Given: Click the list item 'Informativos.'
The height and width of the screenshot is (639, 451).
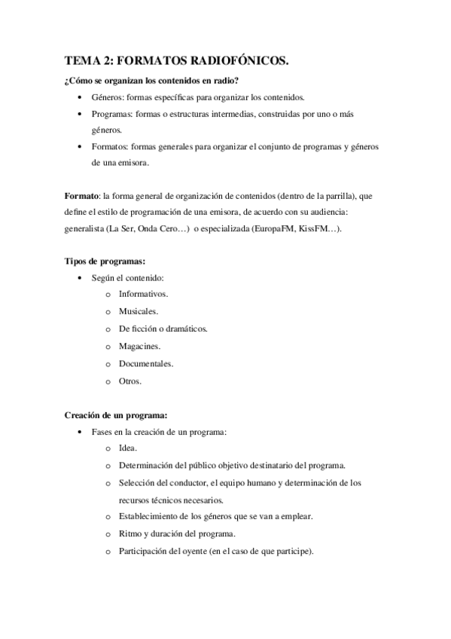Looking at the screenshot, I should [143, 294].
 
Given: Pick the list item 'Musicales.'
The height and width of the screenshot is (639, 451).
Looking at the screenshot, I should [138, 310].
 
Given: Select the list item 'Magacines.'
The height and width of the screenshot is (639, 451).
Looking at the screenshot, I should [139, 347].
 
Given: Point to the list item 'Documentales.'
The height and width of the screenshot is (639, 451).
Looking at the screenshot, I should [145, 364].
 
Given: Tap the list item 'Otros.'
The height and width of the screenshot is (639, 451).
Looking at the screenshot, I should [130, 381].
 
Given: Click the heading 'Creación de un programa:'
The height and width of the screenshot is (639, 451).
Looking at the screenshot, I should [115, 414].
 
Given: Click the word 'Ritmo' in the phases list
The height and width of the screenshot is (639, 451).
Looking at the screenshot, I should [130, 534].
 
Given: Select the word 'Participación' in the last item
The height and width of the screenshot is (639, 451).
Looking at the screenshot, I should [144, 551].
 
